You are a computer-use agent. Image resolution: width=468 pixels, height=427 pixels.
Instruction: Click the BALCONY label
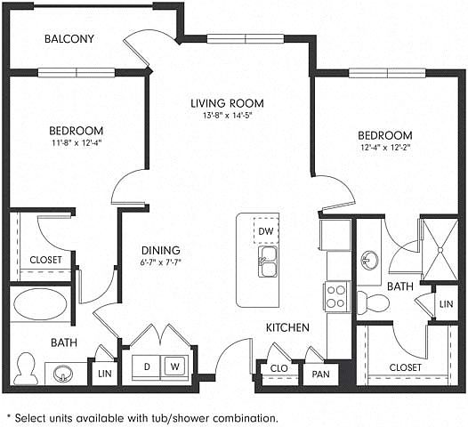click(x=69, y=39)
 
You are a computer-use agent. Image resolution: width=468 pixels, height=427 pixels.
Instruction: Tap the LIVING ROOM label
click(x=228, y=103)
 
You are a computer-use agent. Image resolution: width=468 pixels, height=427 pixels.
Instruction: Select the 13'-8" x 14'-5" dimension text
click(x=228, y=115)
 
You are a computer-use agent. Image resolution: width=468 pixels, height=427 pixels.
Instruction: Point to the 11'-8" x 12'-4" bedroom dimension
click(x=77, y=142)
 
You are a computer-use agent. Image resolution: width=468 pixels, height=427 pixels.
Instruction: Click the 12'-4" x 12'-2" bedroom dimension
click(x=385, y=147)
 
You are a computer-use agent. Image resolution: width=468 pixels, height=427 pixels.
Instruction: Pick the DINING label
click(x=160, y=250)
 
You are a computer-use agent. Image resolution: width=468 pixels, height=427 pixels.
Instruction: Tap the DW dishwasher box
click(x=266, y=231)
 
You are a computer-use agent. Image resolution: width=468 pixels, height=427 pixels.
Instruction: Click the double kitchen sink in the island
click(x=268, y=262)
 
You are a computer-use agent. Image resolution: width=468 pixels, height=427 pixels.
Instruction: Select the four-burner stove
click(x=336, y=296)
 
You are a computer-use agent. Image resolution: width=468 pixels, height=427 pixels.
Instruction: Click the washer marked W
click(x=174, y=366)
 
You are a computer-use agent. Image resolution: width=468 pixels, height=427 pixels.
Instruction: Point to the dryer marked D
click(x=147, y=367)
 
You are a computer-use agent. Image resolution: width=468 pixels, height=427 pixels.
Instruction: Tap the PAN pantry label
click(x=321, y=374)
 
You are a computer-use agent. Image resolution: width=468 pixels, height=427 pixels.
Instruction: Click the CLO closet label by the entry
click(x=279, y=368)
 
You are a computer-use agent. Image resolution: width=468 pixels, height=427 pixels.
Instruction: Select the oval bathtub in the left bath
click(x=40, y=303)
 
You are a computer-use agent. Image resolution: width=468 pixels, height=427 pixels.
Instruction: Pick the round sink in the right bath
click(x=369, y=260)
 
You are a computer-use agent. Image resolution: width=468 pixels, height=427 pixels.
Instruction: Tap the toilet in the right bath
click(x=373, y=303)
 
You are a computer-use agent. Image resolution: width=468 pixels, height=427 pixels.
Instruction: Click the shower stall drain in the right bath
click(x=440, y=249)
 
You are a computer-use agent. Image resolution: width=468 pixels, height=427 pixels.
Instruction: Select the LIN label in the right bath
click(x=447, y=304)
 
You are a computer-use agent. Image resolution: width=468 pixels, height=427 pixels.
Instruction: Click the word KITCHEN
click(x=287, y=327)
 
